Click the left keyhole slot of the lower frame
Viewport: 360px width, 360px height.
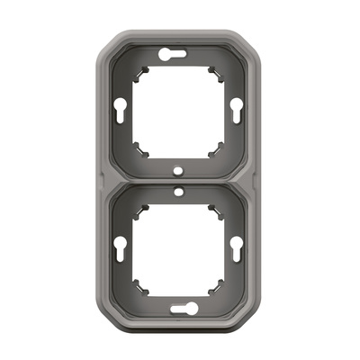pyautogui.click(x=125, y=247)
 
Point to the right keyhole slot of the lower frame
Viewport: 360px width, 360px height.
pyautogui.click(x=236, y=247)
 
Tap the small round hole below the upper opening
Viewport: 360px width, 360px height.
pyautogui.click(x=179, y=169)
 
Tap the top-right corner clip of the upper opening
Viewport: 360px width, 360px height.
pyautogui.click(x=215, y=71)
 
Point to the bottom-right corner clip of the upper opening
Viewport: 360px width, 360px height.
pyautogui.click(x=215, y=148)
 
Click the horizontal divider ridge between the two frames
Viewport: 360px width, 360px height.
pyautogui.click(x=180, y=180)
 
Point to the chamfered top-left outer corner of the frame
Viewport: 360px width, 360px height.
pyautogui.click(x=107, y=43)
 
